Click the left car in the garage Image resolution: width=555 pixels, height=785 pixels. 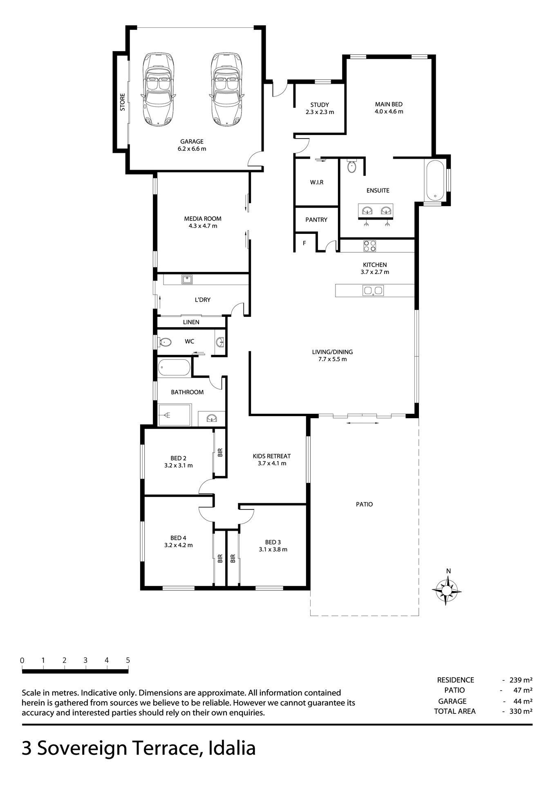pyautogui.click(x=158, y=89)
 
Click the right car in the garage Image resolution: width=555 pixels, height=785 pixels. pyautogui.click(x=227, y=89)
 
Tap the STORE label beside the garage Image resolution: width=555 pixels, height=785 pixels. pyautogui.click(x=122, y=102)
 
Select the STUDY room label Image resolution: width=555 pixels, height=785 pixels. pyautogui.click(x=320, y=105)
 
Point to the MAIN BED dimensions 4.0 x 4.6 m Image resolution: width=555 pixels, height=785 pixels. pyautogui.click(x=389, y=112)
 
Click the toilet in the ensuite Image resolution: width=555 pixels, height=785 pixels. pyautogui.click(x=351, y=166)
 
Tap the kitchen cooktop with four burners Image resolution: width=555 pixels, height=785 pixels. pyautogui.click(x=370, y=246)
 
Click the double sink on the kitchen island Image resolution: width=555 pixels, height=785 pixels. pyautogui.click(x=373, y=291)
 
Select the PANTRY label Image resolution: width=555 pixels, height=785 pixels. pyautogui.click(x=316, y=220)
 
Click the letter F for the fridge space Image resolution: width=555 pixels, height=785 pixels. pyautogui.click(x=304, y=243)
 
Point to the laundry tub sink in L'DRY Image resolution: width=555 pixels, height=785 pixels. pyautogui.click(x=187, y=280)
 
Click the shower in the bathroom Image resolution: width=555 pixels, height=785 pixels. pyautogui.click(x=175, y=415)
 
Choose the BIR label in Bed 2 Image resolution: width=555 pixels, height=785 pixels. pyautogui.click(x=220, y=452)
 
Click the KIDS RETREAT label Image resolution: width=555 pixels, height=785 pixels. pyautogui.click(x=272, y=456)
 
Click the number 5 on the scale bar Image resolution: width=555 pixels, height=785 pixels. pyautogui.click(x=128, y=660)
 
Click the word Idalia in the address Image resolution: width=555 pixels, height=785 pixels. pyautogui.click(x=232, y=748)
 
